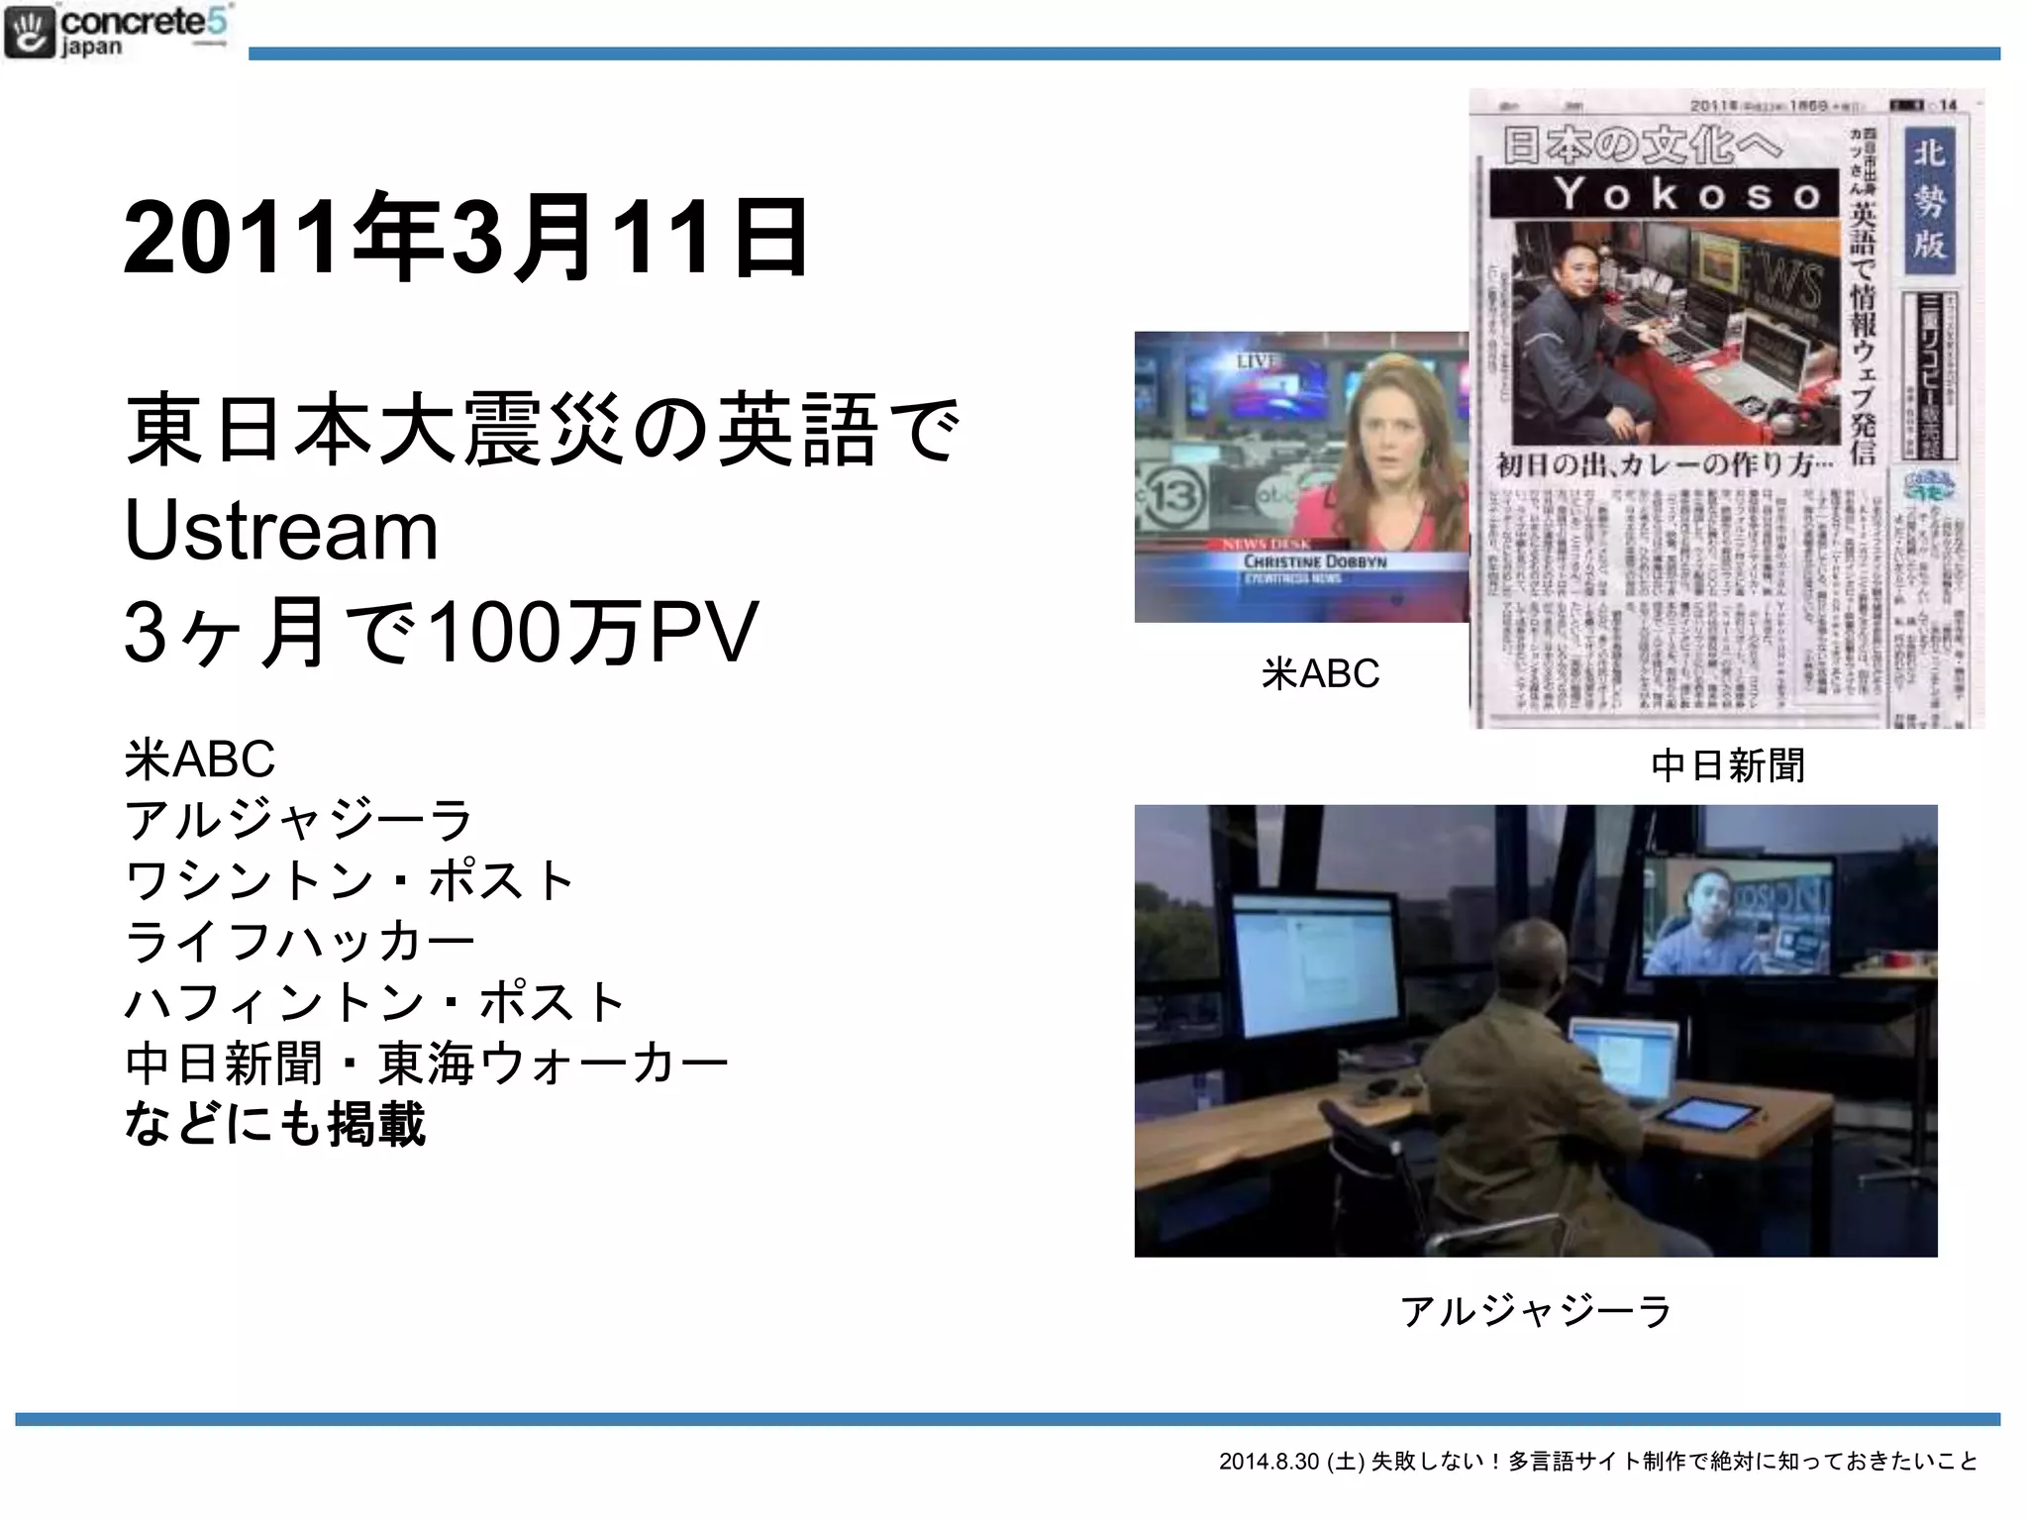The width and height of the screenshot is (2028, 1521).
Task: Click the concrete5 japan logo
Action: [x=117, y=32]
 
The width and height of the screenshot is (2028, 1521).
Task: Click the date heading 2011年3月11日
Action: [x=465, y=238]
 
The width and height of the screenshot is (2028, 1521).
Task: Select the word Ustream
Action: [x=281, y=531]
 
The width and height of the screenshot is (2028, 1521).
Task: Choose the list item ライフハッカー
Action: [x=299, y=941]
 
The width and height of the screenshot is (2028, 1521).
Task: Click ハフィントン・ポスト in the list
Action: [x=374, y=1001]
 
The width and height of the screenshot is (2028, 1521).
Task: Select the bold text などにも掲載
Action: [x=275, y=1124]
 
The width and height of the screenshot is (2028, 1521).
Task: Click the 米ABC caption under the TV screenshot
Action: [x=1320, y=673]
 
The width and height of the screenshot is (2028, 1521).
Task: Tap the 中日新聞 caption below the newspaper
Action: [x=1728, y=765]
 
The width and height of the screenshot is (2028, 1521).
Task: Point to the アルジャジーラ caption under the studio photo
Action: [x=1536, y=1311]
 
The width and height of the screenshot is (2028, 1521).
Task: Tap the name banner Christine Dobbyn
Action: [x=1315, y=561]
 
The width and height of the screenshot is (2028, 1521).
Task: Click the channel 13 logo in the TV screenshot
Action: [x=1174, y=495]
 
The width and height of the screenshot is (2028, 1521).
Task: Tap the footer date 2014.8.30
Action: [x=1268, y=1461]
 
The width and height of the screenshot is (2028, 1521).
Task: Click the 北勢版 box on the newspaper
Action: [x=1929, y=199]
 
